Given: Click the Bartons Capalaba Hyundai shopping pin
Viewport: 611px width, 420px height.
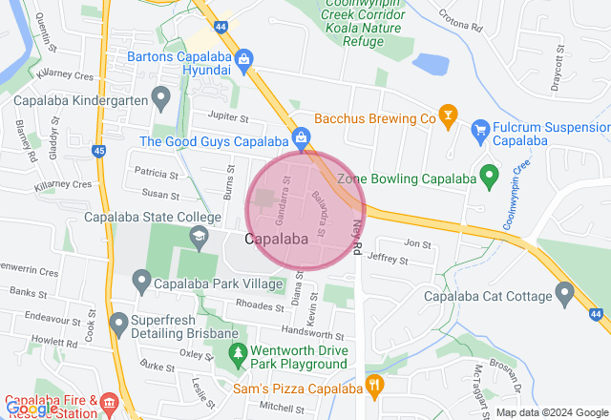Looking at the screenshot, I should tap(244, 59).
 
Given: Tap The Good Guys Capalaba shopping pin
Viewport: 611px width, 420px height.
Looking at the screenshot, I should tap(302, 138).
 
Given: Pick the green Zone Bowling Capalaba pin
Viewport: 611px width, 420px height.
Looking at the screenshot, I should tap(489, 175).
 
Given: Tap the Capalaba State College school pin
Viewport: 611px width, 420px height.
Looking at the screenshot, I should tap(199, 237).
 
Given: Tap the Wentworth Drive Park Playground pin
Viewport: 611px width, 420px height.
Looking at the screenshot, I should tap(239, 353).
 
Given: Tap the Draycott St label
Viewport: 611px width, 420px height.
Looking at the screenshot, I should tap(560, 72).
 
